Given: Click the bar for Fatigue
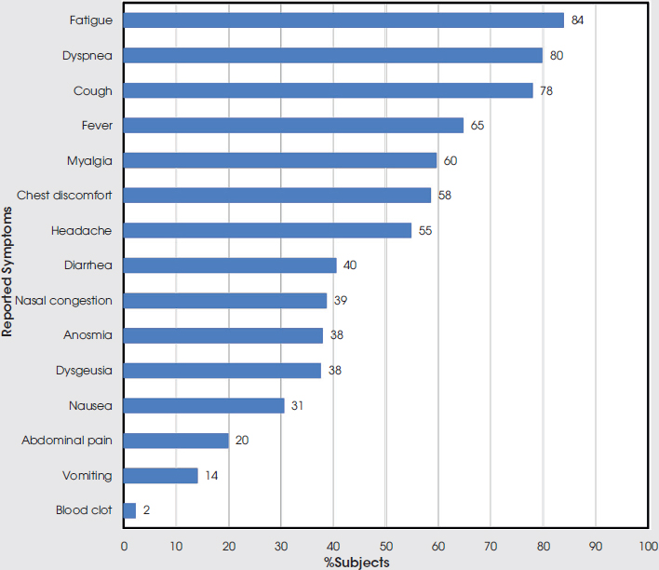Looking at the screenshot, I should [343, 20].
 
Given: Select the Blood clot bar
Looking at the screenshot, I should [129, 510].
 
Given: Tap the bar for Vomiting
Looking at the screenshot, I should [160, 476].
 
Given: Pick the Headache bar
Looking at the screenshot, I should [267, 230].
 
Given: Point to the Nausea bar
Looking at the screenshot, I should [204, 405].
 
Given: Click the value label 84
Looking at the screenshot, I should [577, 20].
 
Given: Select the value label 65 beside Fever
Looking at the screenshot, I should [477, 125].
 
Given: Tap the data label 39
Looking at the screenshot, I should [341, 300].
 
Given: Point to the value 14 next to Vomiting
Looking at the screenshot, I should [211, 476].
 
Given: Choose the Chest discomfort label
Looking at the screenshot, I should [64, 196].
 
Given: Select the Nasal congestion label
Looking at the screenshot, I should [63, 300].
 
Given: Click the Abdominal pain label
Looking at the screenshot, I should [67, 441].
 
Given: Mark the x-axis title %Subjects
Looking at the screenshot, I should [356, 562].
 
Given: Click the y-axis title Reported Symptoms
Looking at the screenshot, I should [7, 265].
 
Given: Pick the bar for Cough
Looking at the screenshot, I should [328, 90].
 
